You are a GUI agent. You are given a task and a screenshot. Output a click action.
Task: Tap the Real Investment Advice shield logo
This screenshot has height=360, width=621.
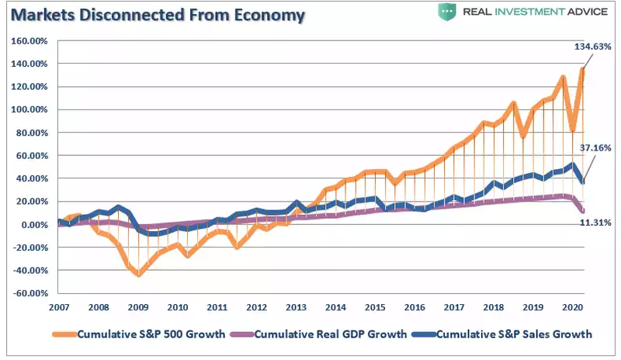click(x=446, y=12)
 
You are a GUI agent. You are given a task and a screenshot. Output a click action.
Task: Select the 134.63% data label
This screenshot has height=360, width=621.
click(x=593, y=47)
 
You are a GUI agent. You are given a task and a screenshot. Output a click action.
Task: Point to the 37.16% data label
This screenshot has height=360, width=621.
click(x=595, y=147)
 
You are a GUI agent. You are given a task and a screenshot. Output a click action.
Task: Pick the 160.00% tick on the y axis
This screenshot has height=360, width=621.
click(x=29, y=40)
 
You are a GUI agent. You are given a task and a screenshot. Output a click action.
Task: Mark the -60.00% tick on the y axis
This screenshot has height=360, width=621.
click(x=29, y=293)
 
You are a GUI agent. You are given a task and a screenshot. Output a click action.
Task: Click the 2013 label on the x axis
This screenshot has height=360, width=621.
click(x=296, y=307)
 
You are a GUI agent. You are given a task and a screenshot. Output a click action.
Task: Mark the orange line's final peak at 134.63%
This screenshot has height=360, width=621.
click(x=581, y=70)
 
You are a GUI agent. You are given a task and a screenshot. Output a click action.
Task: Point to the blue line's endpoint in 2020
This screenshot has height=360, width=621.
click(x=582, y=182)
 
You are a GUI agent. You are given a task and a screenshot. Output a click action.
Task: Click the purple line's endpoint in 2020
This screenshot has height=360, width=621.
click(x=582, y=211)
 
